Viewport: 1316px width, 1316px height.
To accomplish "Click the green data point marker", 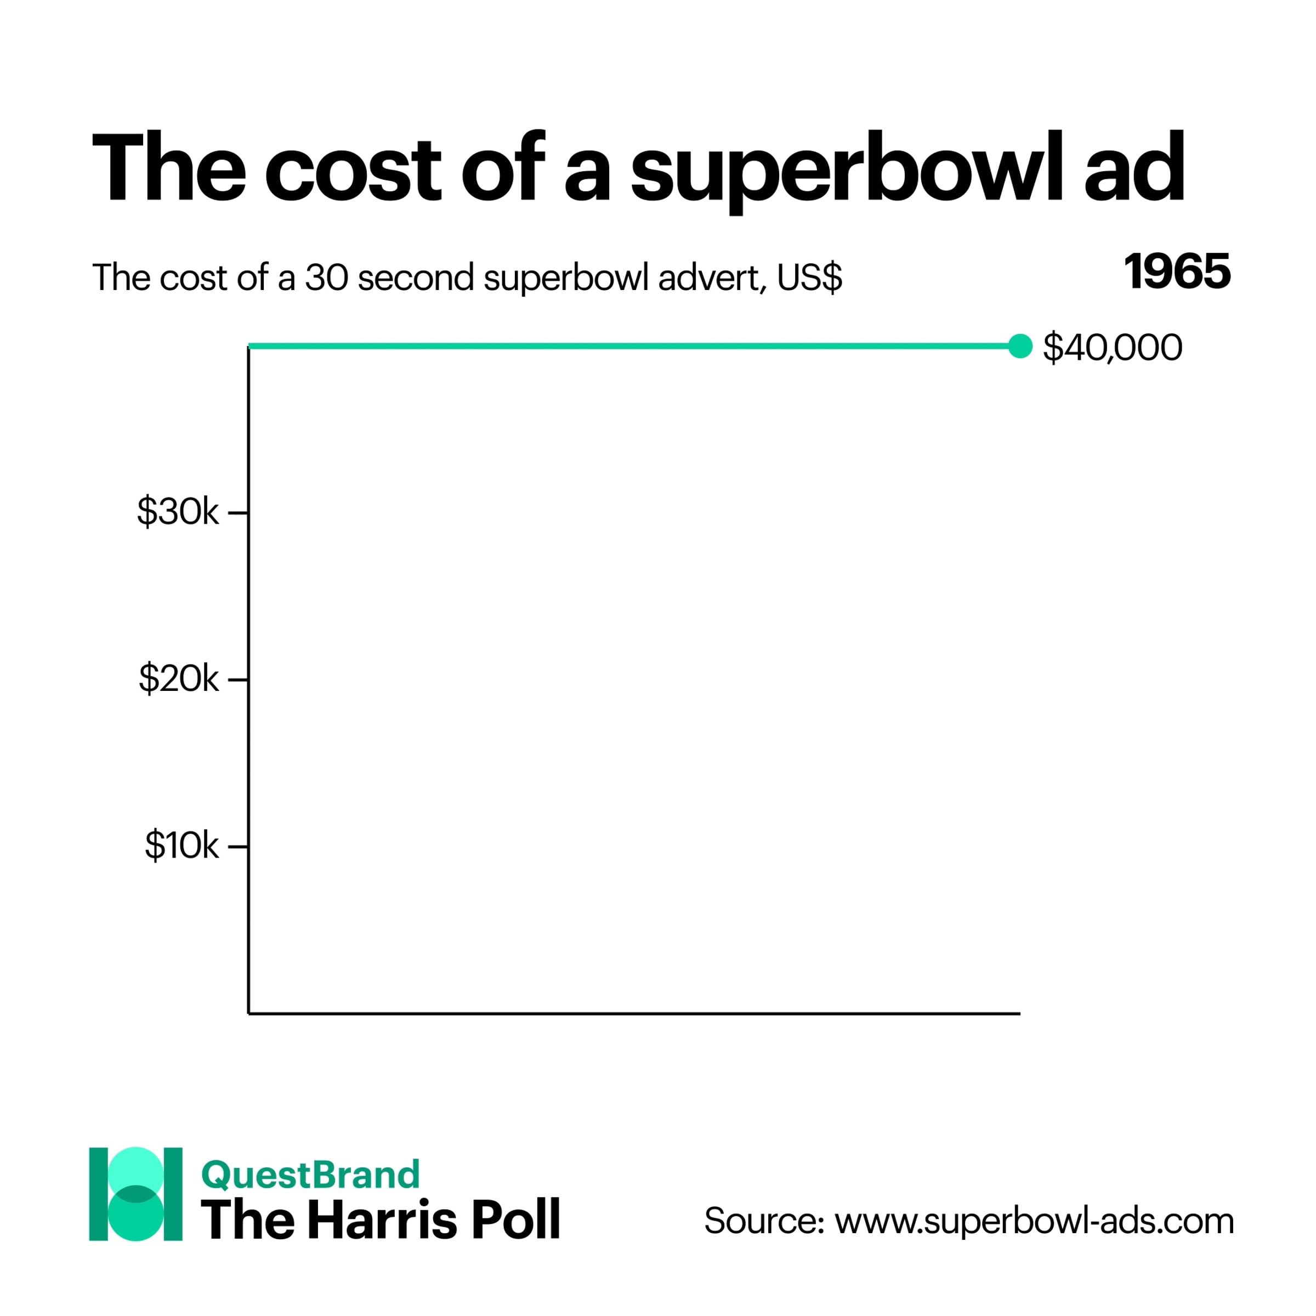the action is pos(1020,346).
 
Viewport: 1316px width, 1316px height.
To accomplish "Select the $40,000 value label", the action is pos(1113,348).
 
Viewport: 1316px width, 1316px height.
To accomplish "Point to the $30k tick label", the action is pos(178,512).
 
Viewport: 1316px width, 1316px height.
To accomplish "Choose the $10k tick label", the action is pos(181,846).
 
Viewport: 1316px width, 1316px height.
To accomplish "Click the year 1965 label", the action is pos(1178,272).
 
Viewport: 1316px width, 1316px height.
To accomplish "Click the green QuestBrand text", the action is pos(310,1175).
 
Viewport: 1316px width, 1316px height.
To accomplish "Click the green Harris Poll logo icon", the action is pos(135,1204).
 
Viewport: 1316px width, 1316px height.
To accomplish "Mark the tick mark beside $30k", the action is pos(238,512).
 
